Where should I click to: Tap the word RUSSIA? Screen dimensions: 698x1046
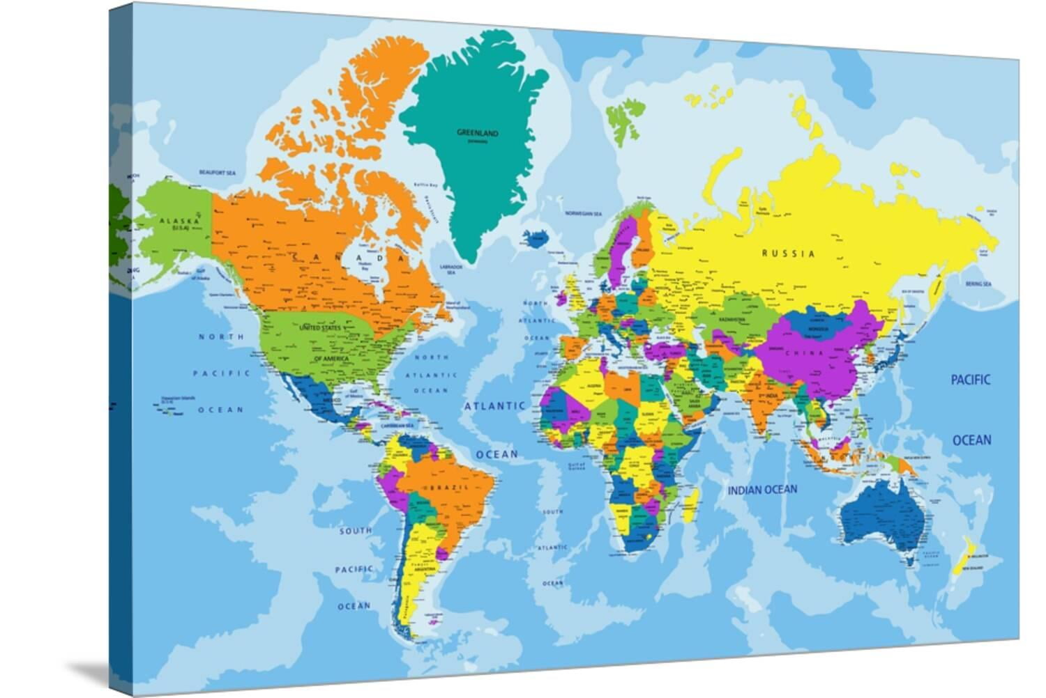[788, 254]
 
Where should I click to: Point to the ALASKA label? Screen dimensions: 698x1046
[174, 222]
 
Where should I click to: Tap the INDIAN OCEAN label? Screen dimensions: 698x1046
[762, 490]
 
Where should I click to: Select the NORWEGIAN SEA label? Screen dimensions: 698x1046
[583, 212]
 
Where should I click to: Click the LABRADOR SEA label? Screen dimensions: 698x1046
[451, 270]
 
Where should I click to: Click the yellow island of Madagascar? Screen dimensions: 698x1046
[690, 504]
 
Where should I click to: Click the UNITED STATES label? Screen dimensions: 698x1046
[321, 327]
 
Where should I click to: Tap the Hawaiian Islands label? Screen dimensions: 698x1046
[178, 400]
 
